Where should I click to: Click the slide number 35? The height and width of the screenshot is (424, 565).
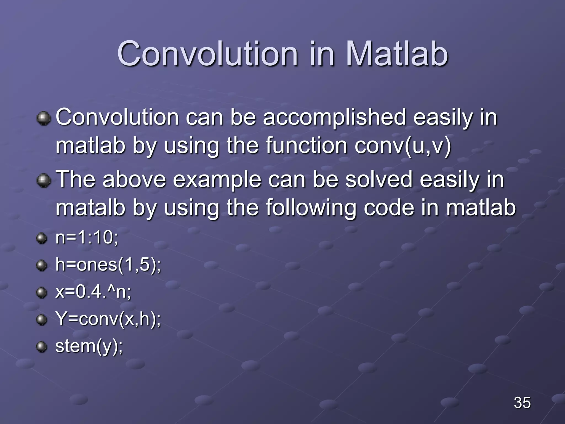point(522,402)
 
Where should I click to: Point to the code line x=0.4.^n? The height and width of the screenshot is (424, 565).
point(93,292)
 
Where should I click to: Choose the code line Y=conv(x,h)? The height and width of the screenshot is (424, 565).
point(108,319)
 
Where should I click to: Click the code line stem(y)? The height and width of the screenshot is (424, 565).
point(89,346)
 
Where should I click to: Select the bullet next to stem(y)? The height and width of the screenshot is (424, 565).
point(42,347)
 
